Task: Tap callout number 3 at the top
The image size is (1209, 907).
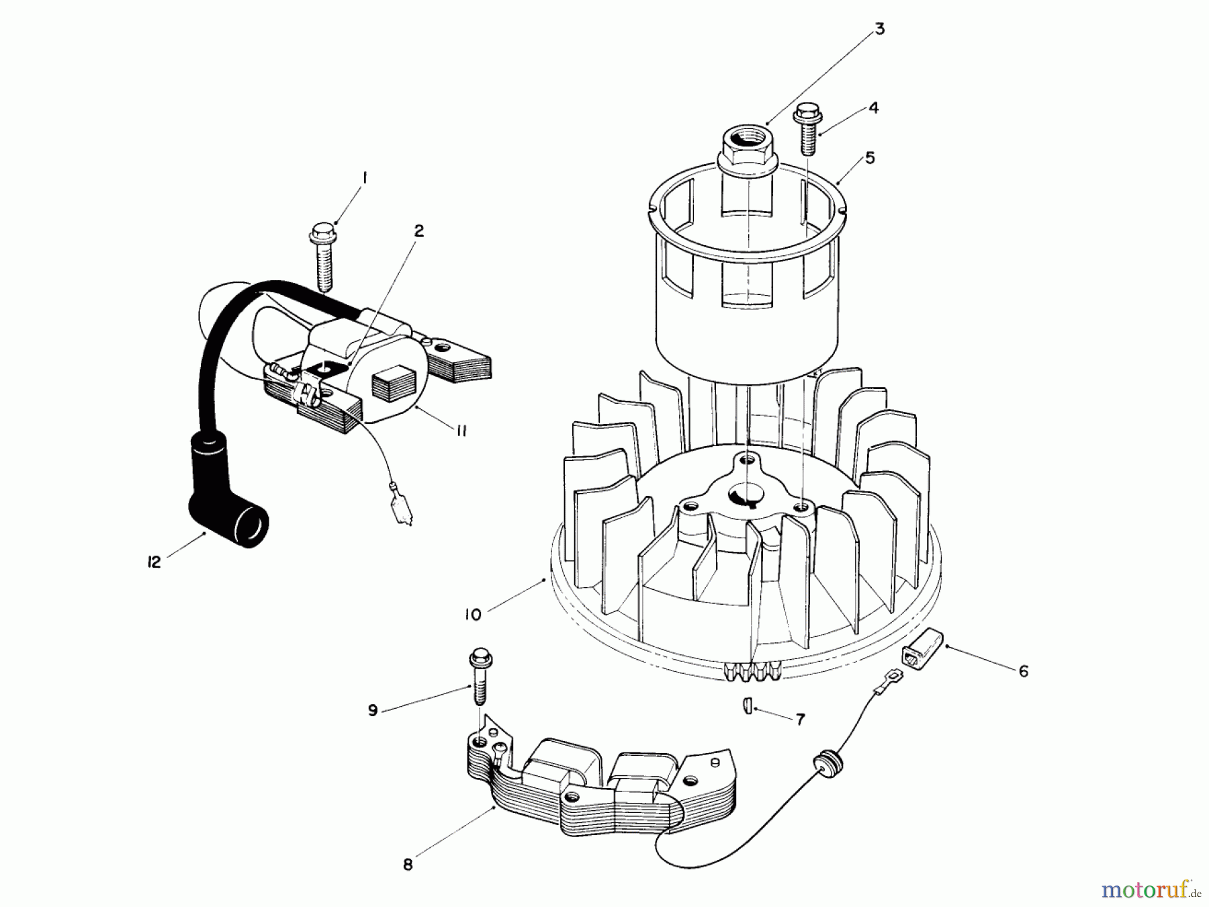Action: pyautogui.click(x=879, y=30)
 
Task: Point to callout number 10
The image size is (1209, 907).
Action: pyautogui.click(x=473, y=614)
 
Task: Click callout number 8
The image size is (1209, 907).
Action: pyautogui.click(x=408, y=865)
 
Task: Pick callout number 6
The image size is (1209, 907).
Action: pyautogui.click(x=1023, y=671)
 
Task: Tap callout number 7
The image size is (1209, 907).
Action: pyautogui.click(x=799, y=720)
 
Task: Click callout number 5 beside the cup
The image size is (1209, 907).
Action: pyautogui.click(x=870, y=158)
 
